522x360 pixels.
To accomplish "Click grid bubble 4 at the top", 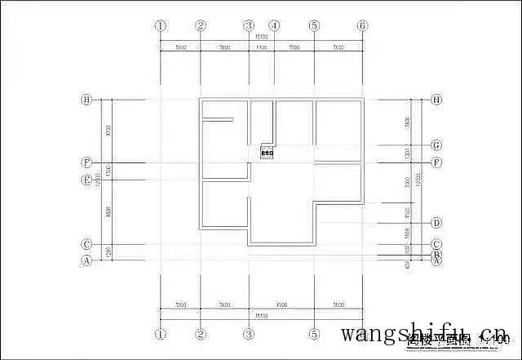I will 274,25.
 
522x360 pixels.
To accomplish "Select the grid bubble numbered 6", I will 363,25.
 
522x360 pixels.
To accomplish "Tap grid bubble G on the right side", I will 436,145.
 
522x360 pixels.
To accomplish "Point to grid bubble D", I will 436,223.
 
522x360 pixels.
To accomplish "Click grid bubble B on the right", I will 436,254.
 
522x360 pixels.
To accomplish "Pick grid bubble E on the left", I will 86,180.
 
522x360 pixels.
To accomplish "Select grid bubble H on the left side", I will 86,100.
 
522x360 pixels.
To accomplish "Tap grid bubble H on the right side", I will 436,100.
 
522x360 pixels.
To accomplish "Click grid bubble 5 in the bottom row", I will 314,334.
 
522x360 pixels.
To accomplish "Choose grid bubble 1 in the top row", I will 161,25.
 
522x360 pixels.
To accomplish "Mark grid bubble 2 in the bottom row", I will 201,334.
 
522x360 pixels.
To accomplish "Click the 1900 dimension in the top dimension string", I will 262,48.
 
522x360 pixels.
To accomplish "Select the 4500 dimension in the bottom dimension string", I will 281,304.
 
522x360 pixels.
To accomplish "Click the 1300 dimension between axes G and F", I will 407,153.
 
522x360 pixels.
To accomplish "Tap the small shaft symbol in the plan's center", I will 267,151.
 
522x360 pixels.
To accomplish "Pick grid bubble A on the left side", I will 86,260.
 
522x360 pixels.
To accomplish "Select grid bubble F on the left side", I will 86,162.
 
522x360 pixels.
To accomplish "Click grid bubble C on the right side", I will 436,244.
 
